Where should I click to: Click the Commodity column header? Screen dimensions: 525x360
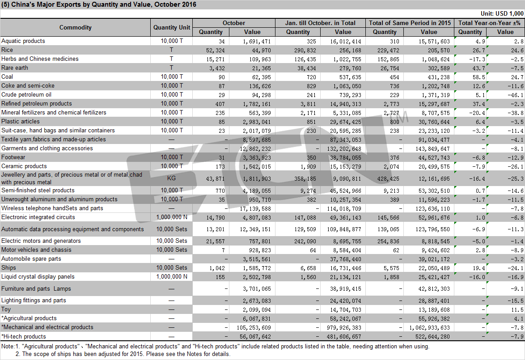(x=75, y=27)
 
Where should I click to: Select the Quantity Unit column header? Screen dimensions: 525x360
(x=171, y=27)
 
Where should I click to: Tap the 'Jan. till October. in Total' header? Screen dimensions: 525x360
(x=320, y=23)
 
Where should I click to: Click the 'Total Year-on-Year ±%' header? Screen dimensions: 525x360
(x=489, y=23)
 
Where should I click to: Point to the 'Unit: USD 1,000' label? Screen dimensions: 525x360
(x=502, y=13)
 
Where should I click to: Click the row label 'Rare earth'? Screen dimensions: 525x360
(x=15, y=68)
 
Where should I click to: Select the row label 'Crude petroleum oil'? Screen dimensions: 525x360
(x=26, y=94)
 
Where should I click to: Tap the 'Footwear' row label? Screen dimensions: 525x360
(x=13, y=157)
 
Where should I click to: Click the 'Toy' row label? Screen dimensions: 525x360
(x=6, y=309)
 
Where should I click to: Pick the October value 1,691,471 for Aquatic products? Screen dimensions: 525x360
(x=257, y=42)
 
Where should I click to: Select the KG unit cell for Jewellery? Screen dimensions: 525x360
(x=171, y=178)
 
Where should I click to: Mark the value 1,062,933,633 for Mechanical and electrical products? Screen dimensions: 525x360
(x=430, y=328)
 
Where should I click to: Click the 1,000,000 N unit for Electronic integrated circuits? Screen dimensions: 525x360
(x=171, y=217)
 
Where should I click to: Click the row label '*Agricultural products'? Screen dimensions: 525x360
(x=29, y=318)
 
